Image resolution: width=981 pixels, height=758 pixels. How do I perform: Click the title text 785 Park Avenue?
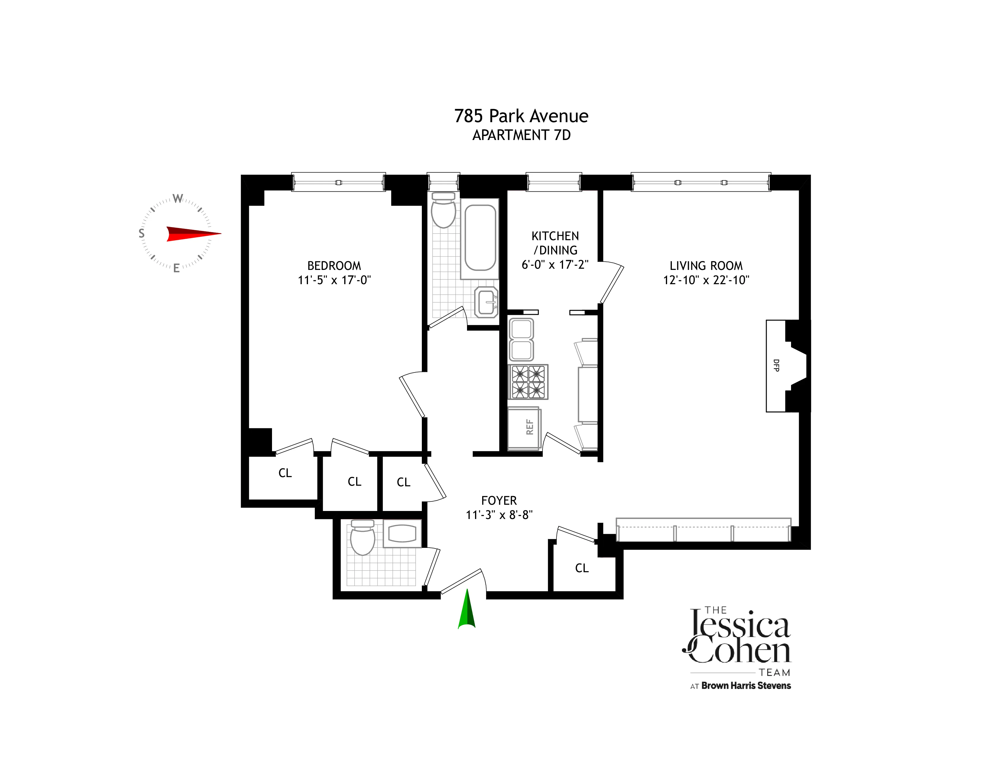521,116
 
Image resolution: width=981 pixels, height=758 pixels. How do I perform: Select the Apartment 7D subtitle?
521,135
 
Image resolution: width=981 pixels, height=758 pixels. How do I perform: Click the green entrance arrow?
467,610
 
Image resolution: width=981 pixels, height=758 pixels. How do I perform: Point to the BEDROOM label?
334,266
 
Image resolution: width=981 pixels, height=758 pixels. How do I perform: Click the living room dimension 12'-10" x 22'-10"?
706,280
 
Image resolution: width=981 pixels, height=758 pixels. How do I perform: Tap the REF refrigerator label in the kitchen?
529,427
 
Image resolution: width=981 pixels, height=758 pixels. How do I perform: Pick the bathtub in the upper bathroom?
480,238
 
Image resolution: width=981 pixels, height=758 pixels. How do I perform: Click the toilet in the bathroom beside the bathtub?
443,211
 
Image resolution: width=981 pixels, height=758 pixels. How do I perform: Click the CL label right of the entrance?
582,568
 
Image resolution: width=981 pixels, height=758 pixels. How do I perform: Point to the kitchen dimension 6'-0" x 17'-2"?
555,265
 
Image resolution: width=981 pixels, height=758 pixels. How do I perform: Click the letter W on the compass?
178,199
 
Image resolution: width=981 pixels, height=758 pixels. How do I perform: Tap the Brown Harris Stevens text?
746,686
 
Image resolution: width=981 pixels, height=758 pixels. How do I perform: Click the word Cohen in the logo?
739,652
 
